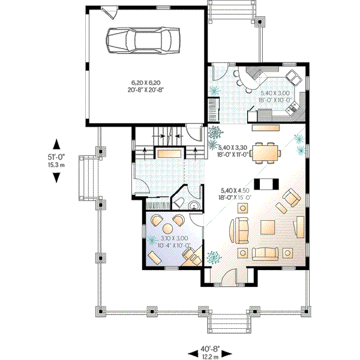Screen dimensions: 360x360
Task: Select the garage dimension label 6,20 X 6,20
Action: (x=147, y=82)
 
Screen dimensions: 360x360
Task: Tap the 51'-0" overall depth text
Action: (x=56, y=156)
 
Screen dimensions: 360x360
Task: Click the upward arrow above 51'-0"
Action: (x=56, y=144)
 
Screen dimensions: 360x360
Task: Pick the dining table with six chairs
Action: (x=265, y=152)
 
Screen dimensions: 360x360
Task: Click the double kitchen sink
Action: (x=293, y=76)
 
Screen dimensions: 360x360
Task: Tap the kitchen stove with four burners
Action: (x=293, y=109)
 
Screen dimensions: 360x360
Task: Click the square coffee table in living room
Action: (x=267, y=227)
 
